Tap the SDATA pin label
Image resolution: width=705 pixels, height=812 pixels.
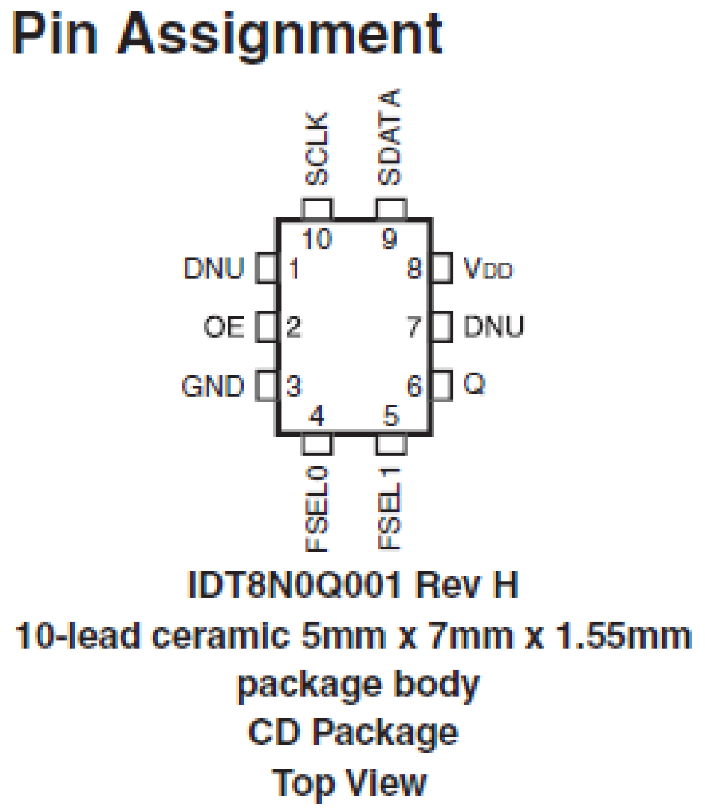click(x=389, y=137)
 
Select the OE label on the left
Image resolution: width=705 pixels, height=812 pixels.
click(x=223, y=327)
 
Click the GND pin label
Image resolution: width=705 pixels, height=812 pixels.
click(x=213, y=387)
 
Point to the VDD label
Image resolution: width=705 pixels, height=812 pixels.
click(x=488, y=269)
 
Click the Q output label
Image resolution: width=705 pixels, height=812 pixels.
click(x=474, y=384)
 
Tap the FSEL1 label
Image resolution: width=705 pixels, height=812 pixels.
click(x=390, y=508)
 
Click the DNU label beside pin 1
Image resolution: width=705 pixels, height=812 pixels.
click(x=214, y=268)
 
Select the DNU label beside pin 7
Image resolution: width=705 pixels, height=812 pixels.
click(x=493, y=327)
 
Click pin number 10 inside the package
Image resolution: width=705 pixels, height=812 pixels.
click(x=317, y=240)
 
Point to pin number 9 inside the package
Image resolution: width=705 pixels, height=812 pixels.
click(x=389, y=240)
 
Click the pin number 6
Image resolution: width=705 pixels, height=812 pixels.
click(x=414, y=386)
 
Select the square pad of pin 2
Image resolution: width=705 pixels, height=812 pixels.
click(x=266, y=327)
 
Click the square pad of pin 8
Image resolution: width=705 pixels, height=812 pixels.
click(x=442, y=268)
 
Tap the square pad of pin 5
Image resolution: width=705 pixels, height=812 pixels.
click(x=391, y=443)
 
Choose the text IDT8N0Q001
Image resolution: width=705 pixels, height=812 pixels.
click(x=295, y=585)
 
